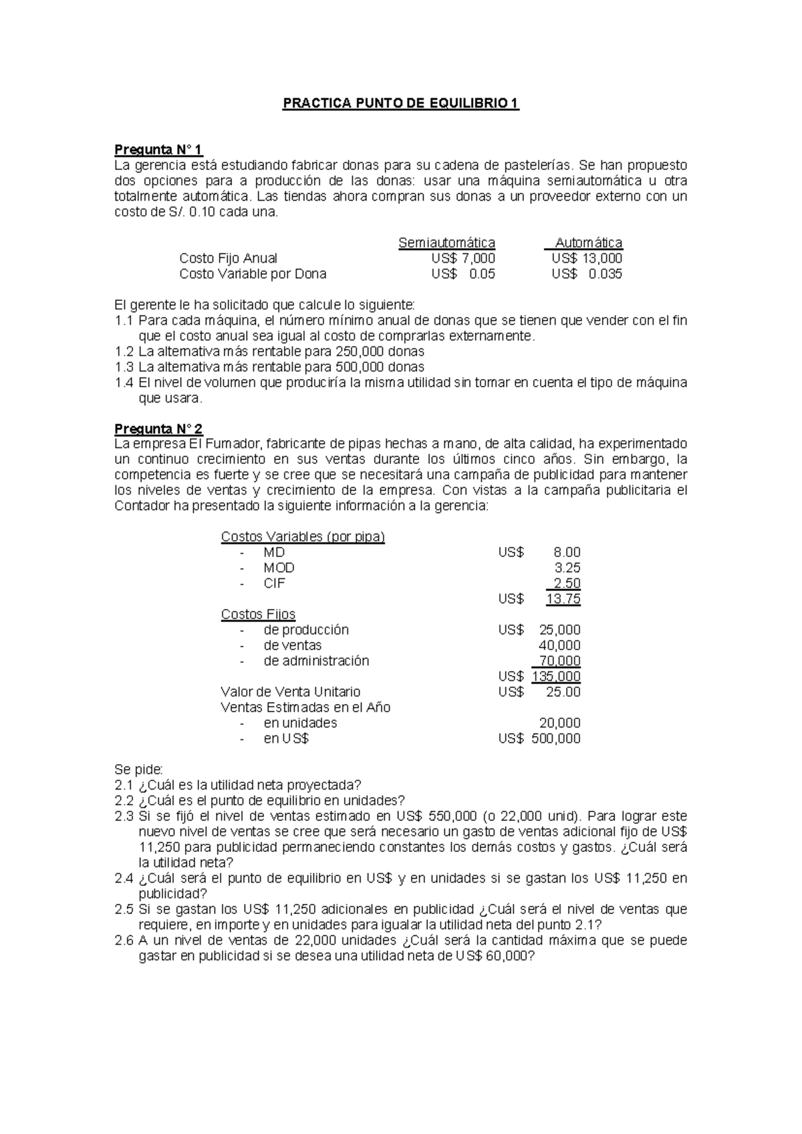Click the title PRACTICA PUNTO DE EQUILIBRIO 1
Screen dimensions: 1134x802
(x=401, y=104)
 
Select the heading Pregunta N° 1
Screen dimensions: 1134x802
(x=158, y=149)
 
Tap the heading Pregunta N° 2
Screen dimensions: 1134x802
(x=158, y=429)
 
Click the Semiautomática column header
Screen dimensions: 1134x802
(x=446, y=243)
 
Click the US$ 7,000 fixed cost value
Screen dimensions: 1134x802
(x=463, y=258)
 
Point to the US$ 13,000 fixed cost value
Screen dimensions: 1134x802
(x=587, y=258)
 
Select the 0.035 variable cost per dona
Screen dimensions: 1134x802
(x=605, y=273)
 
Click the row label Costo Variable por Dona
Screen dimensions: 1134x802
(x=253, y=273)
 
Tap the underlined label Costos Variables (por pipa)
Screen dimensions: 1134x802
(x=303, y=537)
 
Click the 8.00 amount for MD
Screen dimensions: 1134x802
(x=567, y=552)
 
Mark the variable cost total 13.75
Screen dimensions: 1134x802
(x=563, y=599)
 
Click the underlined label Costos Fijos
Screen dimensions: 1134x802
(x=258, y=614)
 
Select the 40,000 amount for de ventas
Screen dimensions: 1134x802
(x=559, y=645)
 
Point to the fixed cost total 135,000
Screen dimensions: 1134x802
(x=556, y=677)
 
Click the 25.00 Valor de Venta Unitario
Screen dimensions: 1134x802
(x=563, y=692)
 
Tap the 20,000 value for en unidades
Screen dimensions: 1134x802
(x=559, y=723)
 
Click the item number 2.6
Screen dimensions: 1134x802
(x=124, y=940)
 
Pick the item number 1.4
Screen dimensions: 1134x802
(x=124, y=382)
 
